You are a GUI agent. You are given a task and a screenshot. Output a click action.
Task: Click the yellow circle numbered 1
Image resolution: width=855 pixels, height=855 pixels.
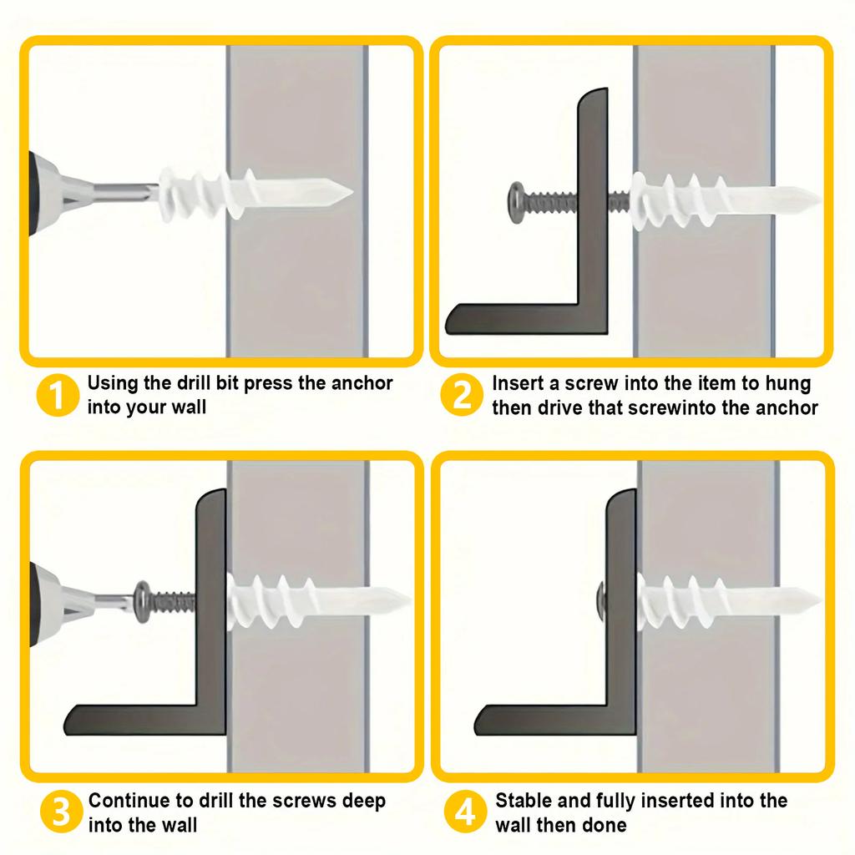pyautogui.click(x=58, y=395)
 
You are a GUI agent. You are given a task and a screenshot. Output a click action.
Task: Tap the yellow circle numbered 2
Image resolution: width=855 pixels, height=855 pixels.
pyautogui.click(x=462, y=395)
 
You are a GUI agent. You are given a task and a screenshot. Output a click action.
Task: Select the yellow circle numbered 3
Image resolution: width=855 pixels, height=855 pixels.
pyautogui.click(x=60, y=812)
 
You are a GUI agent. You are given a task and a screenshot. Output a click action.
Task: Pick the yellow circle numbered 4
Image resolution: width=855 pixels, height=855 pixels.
pyautogui.click(x=464, y=812)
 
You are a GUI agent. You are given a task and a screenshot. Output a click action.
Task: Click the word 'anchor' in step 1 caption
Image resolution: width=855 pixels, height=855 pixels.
pyautogui.click(x=362, y=383)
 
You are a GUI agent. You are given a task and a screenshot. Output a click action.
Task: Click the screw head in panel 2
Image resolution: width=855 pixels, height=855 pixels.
pyautogui.click(x=515, y=203)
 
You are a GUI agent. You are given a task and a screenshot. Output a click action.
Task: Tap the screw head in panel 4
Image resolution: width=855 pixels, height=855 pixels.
pyautogui.click(x=600, y=596)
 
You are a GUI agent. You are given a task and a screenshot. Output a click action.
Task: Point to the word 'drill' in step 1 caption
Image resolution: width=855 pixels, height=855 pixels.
pyautogui.click(x=194, y=383)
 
